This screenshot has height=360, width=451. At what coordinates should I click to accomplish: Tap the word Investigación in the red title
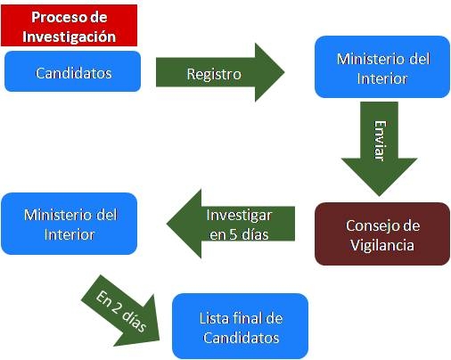pyautogui.click(x=69, y=37)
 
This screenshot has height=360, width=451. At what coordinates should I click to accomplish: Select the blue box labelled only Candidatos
pyautogui.click(x=72, y=71)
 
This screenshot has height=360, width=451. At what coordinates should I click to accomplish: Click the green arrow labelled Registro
pyautogui.click(x=220, y=72)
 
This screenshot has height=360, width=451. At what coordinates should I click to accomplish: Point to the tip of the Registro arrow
pyautogui.click(x=284, y=72)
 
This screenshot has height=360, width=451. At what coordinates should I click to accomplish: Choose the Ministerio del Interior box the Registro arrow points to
pyautogui.click(x=382, y=67)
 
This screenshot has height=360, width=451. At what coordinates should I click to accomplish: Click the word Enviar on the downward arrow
pyautogui.click(x=380, y=141)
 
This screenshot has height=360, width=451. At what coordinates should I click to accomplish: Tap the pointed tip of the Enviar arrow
pyautogui.click(x=379, y=196)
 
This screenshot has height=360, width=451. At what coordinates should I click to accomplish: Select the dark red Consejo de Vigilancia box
pyautogui.click(x=382, y=234)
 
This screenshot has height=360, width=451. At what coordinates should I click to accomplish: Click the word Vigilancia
pyautogui.click(x=382, y=245)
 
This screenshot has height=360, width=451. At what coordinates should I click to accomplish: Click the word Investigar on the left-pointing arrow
pyautogui.click(x=239, y=216)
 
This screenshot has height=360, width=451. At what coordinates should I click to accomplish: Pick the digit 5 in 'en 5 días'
pyautogui.click(x=233, y=234)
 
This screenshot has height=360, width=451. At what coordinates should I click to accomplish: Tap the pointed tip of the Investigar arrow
pyautogui.click(x=167, y=224)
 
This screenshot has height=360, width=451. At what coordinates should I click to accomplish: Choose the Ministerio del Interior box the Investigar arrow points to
pyautogui.click(x=70, y=224)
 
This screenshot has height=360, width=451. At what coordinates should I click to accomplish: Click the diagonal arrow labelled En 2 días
pyautogui.click(x=120, y=311)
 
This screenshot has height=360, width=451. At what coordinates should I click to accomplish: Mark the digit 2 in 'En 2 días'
pyautogui.click(x=117, y=307)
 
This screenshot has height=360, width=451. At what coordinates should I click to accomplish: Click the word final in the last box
pyautogui.click(x=247, y=318)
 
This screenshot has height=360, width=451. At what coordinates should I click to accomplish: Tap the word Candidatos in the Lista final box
pyautogui.click(x=242, y=338)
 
